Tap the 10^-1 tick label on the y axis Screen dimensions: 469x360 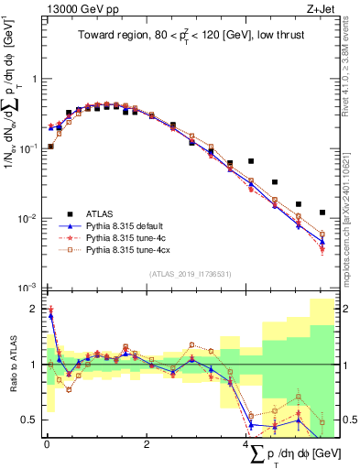(x=28, y=147)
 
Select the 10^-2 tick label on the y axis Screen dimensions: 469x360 (x=28, y=218)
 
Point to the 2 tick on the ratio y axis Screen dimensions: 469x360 (x=35, y=310)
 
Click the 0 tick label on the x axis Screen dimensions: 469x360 (x=47, y=445)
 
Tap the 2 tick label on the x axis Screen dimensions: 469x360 (x=147, y=445)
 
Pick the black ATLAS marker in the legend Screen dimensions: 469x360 (x=68, y=210)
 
